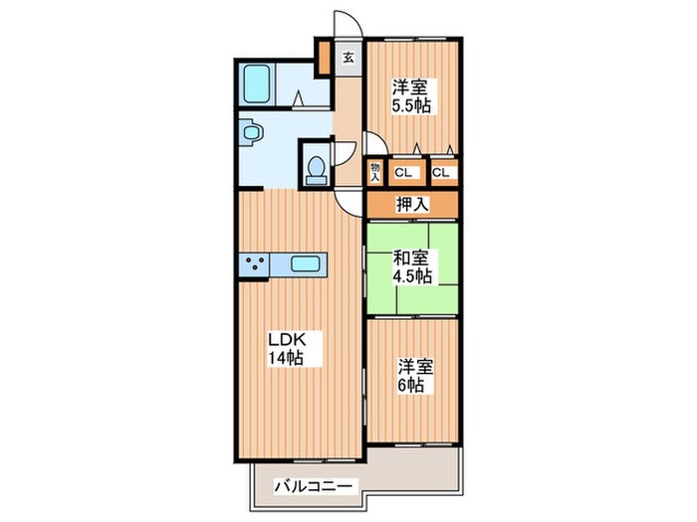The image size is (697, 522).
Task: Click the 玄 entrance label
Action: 348,58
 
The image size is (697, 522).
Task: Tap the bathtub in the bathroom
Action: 257,84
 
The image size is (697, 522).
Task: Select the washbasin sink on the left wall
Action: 250,132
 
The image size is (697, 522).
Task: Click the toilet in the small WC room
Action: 317,170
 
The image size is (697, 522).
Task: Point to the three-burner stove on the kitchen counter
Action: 254,264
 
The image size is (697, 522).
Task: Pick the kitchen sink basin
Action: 305,264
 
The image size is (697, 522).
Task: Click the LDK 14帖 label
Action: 288,348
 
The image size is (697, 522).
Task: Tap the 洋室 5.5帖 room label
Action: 410,95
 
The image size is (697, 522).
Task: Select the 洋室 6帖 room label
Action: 415,376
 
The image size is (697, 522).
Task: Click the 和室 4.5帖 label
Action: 411,266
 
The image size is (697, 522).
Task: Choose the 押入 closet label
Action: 412,205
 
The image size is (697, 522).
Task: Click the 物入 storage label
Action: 375,172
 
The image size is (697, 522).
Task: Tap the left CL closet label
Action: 403,173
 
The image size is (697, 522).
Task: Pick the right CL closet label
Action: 441,173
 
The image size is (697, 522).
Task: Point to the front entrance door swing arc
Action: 354,18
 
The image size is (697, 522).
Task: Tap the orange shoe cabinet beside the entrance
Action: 325,58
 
